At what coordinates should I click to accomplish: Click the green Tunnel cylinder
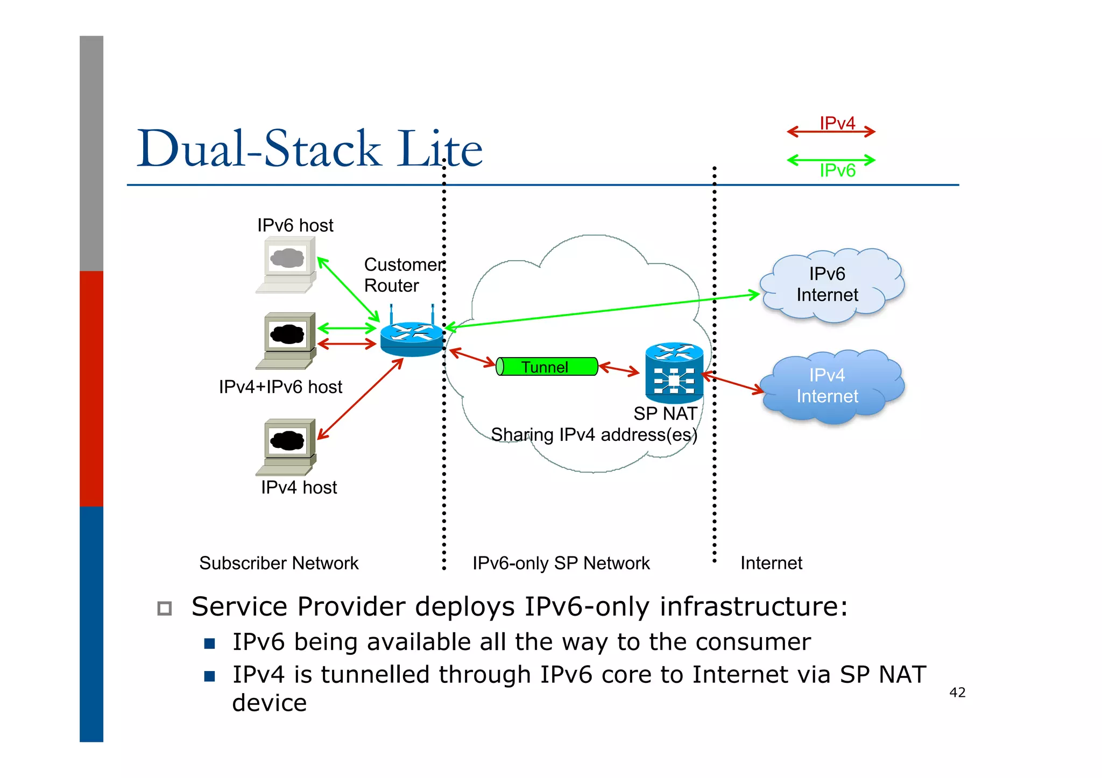point(546,367)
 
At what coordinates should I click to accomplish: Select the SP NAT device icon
point(674,373)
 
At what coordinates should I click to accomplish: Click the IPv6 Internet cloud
point(831,285)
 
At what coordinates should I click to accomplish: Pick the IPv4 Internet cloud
point(831,386)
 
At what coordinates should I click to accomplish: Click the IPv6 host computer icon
point(286,265)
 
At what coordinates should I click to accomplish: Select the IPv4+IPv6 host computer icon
point(286,340)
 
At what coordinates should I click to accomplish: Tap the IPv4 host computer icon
point(286,446)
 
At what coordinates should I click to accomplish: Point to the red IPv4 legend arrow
point(831,131)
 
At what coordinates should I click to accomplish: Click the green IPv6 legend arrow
point(831,160)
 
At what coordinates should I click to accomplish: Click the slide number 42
point(957,693)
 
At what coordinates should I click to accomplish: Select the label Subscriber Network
point(279,563)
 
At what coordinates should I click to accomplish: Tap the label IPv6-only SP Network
point(561,563)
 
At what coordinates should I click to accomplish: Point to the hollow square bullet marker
point(165,608)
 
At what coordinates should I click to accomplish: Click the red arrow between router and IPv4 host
point(360,399)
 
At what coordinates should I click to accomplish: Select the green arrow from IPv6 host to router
point(349,289)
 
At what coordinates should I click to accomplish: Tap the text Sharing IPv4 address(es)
point(594,434)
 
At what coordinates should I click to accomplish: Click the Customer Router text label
point(404,275)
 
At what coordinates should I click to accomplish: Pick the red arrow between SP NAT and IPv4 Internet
point(733,382)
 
